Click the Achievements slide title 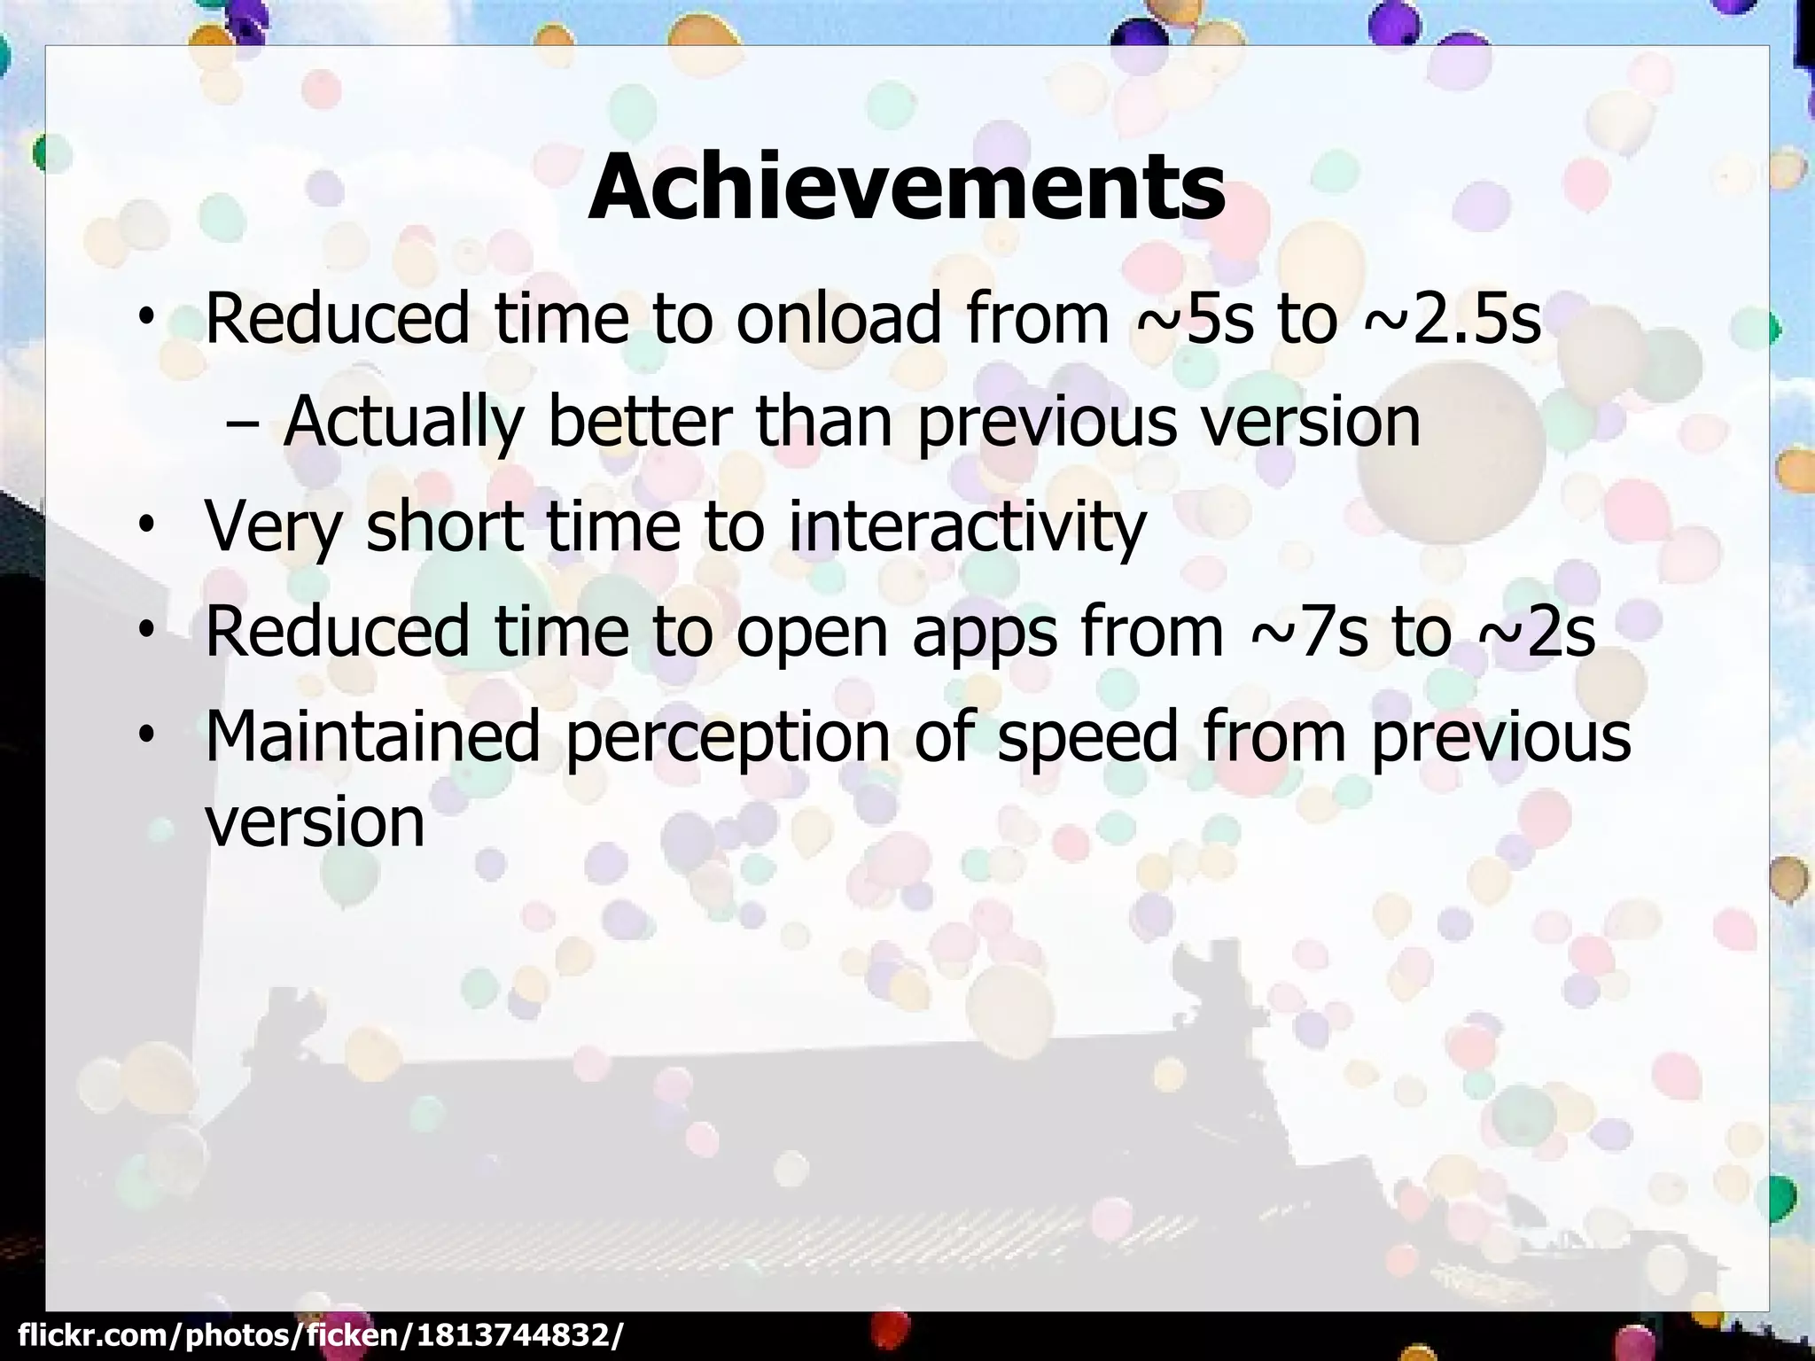pos(906,188)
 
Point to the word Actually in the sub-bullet pos(403,423)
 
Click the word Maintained pos(372,736)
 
